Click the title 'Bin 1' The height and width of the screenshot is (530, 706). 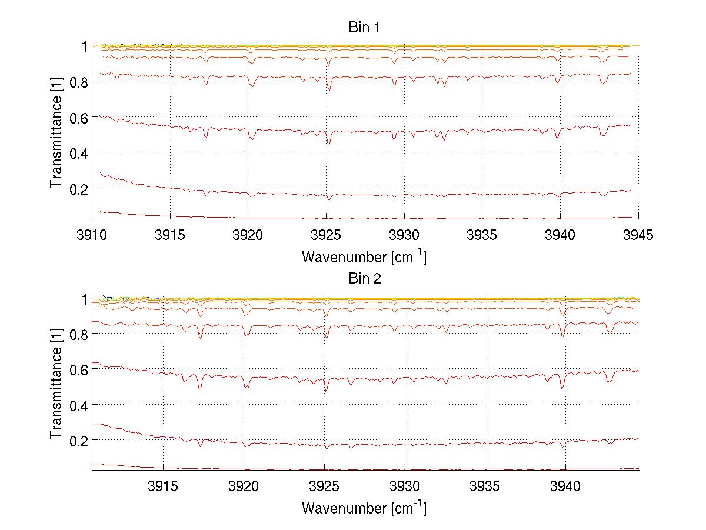tap(365, 27)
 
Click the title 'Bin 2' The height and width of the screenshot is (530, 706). tap(365, 279)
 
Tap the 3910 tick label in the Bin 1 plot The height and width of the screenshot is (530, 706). tap(92, 235)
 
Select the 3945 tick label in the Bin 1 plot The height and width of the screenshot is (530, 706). tap(638, 235)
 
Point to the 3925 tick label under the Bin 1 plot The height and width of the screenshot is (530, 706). tap(326, 235)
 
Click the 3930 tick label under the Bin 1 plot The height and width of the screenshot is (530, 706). tap(404, 235)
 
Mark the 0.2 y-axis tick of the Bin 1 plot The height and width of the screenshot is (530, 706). tap(78, 188)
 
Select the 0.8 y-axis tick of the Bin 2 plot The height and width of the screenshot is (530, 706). tap(78, 334)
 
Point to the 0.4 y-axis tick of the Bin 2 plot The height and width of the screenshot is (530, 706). tap(78, 405)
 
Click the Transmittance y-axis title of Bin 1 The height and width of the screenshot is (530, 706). tap(56, 132)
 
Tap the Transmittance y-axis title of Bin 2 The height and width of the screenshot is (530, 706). tap(56, 384)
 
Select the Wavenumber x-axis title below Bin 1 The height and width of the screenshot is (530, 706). tap(365, 257)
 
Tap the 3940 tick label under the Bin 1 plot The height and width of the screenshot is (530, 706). tap(560, 235)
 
